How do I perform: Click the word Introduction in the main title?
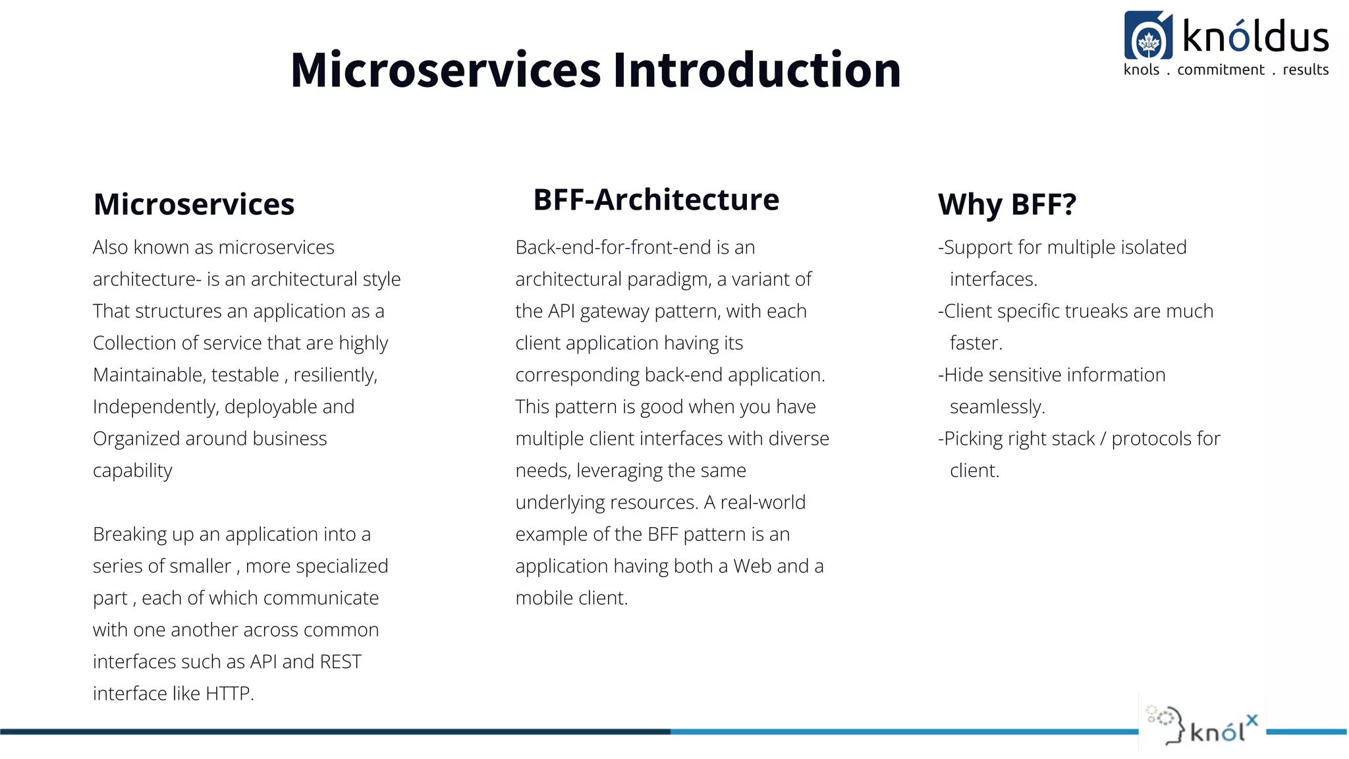pos(756,70)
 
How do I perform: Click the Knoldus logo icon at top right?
pos(1148,36)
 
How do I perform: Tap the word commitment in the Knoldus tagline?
pos(1221,70)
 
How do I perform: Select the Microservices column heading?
pos(194,204)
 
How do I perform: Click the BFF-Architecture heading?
pos(655,200)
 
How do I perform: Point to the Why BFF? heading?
pos(1006,204)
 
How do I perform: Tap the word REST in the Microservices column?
pos(341,661)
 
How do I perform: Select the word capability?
pos(132,470)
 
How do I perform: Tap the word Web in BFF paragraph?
pos(753,566)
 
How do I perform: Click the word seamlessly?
pos(997,407)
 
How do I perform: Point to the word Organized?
pos(136,439)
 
